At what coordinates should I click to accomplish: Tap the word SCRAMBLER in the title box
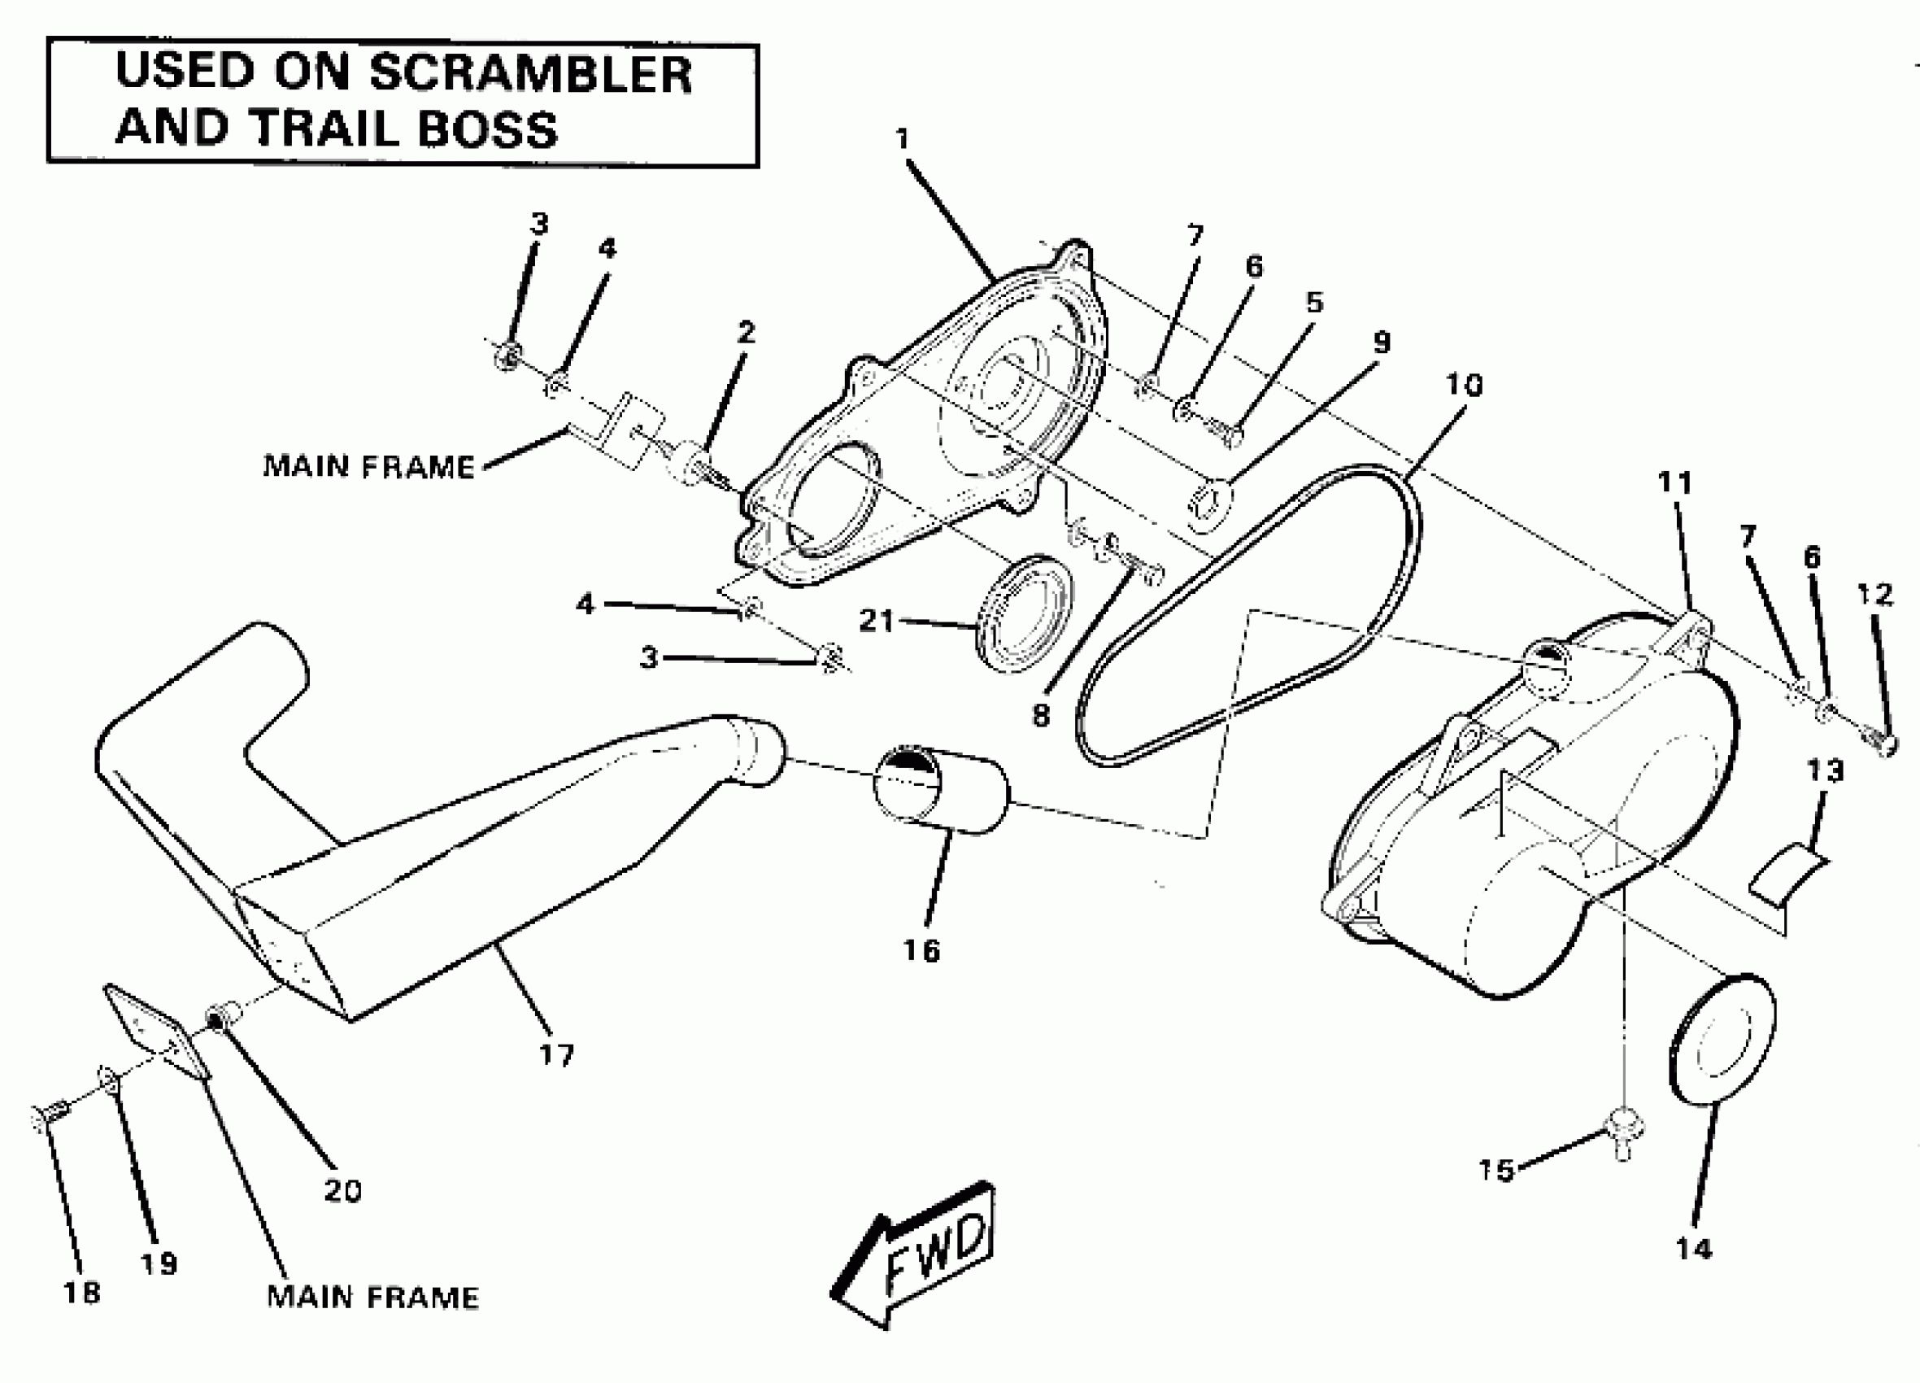pos(531,74)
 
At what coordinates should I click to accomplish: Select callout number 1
pos(903,138)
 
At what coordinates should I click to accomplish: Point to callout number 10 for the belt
pos(1464,386)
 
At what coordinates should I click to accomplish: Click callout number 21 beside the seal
pos(876,621)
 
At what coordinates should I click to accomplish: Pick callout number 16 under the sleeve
pos(921,950)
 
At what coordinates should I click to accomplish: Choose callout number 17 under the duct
pos(557,1054)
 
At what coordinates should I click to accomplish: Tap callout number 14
pos(1694,1248)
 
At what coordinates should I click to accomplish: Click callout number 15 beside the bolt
pos(1495,1171)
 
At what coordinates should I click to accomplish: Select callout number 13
pos(1824,770)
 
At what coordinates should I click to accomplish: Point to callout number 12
pos(1874,595)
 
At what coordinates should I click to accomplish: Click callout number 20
pos(343,1191)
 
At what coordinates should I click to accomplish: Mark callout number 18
pos(81,1293)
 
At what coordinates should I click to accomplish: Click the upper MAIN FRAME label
pos(369,466)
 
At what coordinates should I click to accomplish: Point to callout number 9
pos(1381,342)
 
